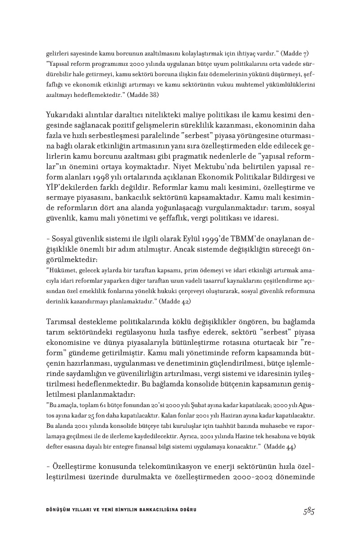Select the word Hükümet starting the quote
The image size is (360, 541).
63,270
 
